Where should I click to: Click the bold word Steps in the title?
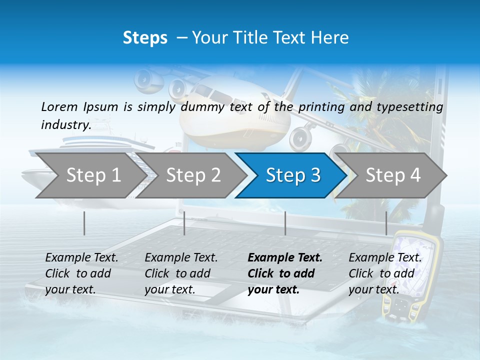pos(145,38)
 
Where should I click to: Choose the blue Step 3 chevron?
pos(293,175)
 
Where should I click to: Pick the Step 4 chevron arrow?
pos(393,175)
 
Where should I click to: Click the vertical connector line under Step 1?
pos(84,223)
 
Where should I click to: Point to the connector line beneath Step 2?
pos(184,223)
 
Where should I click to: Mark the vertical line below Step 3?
pos(285,223)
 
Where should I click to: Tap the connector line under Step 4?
pos(386,223)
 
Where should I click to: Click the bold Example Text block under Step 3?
pos(285,273)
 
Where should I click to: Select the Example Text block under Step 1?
pos(81,273)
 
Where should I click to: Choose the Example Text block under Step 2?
pos(181,273)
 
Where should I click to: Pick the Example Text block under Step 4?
pos(385,273)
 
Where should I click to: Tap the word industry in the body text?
pos(65,124)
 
